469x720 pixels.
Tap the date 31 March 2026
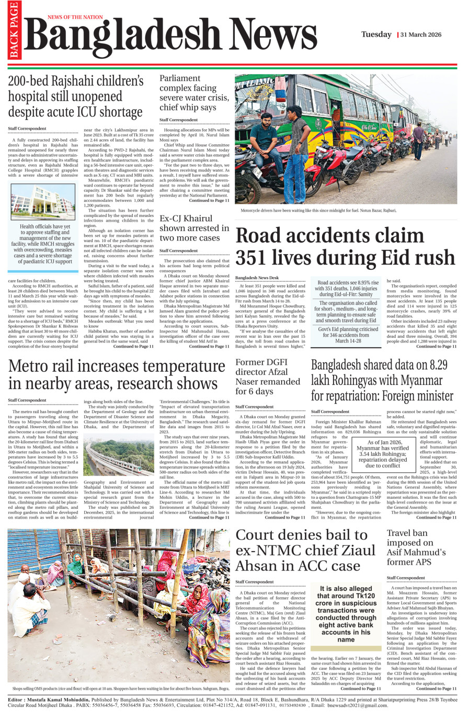(421, 35)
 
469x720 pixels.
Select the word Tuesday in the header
(376, 35)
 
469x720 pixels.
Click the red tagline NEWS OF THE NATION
(75, 17)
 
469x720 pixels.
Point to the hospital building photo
(43, 201)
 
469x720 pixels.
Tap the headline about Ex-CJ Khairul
(194, 228)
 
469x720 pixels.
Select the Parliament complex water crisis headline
(194, 93)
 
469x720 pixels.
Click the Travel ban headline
(416, 547)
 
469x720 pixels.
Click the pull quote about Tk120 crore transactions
(346, 613)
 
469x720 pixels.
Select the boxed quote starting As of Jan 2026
(383, 453)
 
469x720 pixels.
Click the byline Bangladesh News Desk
(257, 278)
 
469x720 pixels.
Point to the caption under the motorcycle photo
(318, 210)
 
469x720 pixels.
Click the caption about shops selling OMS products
(118, 689)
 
